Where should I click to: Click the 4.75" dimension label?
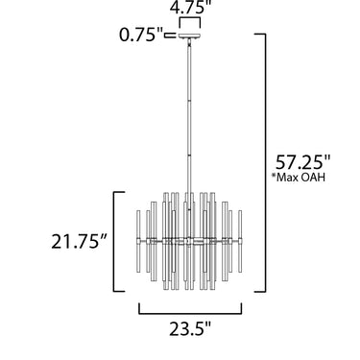click(191, 7)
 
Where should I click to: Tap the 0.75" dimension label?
click(141, 35)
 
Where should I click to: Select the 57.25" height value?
click(302, 162)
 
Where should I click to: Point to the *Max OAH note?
click(299, 177)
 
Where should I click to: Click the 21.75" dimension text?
click(79, 241)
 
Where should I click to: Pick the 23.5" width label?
click(190, 328)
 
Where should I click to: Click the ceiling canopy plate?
click(190, 36)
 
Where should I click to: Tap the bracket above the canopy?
click(190, 23)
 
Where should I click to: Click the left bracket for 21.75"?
click(114, 242)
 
